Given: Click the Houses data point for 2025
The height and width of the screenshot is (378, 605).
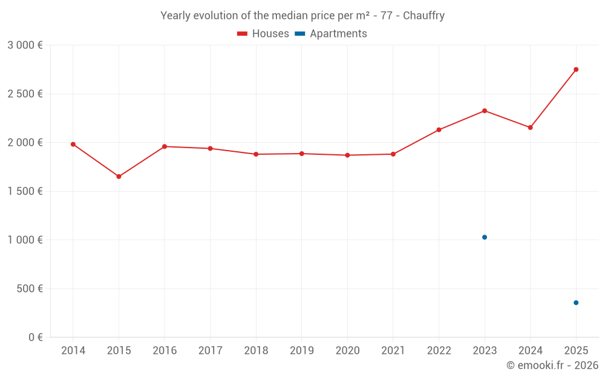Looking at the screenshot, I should [x=576, y=70].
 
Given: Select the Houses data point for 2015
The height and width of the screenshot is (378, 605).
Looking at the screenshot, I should [x=119, y=177].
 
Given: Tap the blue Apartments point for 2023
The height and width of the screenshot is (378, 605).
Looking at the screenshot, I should [x=485, y=237].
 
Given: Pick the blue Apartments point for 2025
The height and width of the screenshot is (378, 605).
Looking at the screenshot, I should [x=576, y=302].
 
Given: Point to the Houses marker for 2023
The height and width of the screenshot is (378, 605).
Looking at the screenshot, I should [x=485, y=111].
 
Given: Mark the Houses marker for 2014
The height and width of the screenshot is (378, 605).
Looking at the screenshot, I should [x=73, y=145].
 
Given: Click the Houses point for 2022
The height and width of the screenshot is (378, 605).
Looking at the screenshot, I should [x=439, y=129].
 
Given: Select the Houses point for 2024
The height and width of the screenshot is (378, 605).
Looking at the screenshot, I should [x=530, y=128].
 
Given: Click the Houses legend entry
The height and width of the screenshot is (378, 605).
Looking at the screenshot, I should [x=263, y=34].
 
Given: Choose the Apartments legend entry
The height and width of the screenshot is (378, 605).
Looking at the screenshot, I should [x=332, y=34].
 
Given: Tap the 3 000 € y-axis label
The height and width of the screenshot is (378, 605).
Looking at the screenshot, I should [x=25, y=45].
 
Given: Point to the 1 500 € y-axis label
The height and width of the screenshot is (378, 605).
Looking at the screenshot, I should [x=25, y=191].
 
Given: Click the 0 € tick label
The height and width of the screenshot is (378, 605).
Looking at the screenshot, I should [x=34, y=337].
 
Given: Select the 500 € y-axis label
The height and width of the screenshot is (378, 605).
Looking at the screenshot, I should [x=29, y=288].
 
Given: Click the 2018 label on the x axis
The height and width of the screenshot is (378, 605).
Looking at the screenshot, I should [x=256, y=351].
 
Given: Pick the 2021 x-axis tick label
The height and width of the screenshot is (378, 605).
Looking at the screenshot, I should [x=393, y=351].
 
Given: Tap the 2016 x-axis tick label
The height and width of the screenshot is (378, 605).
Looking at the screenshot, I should [x=165, y=351].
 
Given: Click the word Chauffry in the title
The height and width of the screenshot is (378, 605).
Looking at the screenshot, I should [x=423, y=16].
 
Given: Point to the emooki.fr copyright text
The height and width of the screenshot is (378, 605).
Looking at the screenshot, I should [x=552, y=365].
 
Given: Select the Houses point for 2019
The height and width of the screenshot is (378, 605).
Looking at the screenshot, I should [x=301, y=154].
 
